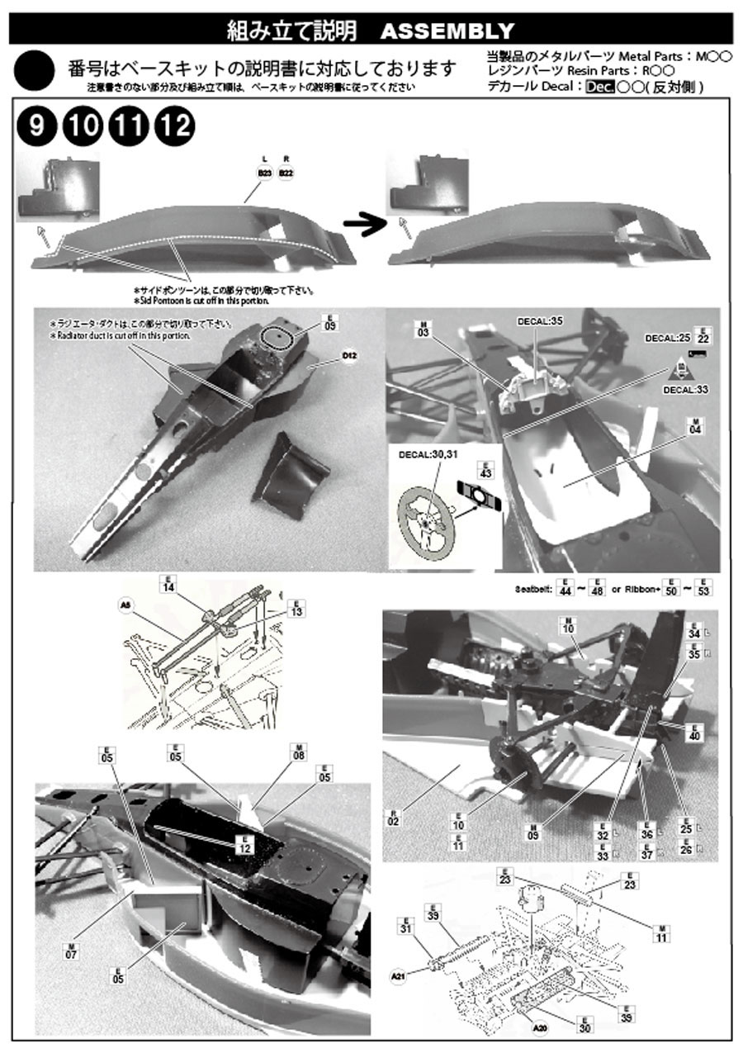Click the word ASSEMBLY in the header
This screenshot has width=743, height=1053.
click(447, 31)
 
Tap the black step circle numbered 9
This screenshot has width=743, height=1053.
click(36, 126)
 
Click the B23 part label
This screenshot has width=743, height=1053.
click(264, 173)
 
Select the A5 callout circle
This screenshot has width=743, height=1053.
click(125, 605)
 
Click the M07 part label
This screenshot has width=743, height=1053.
click(71, 949)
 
